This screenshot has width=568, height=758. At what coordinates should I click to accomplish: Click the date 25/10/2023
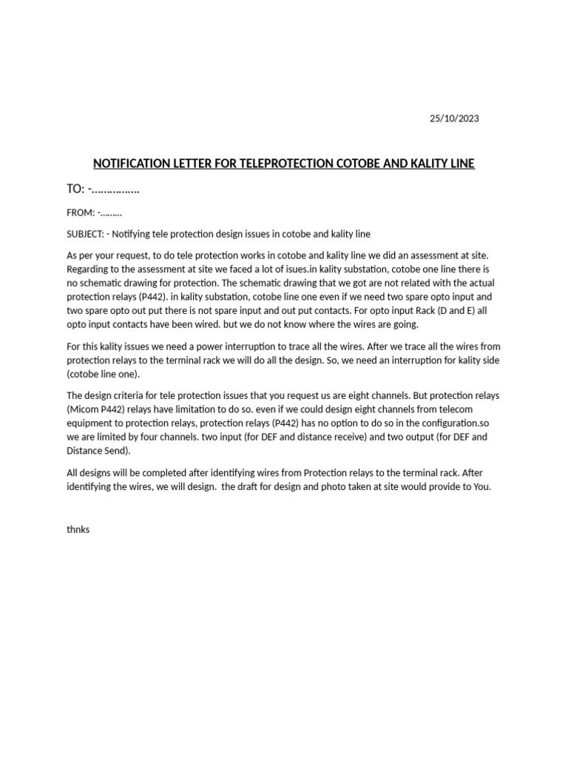[x=454, y=118]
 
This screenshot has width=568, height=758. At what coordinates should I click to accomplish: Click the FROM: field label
[x=80, y=213]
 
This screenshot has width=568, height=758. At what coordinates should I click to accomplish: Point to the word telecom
[x=456, y=409]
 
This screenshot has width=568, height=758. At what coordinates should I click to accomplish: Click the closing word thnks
[x=78, y=530]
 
